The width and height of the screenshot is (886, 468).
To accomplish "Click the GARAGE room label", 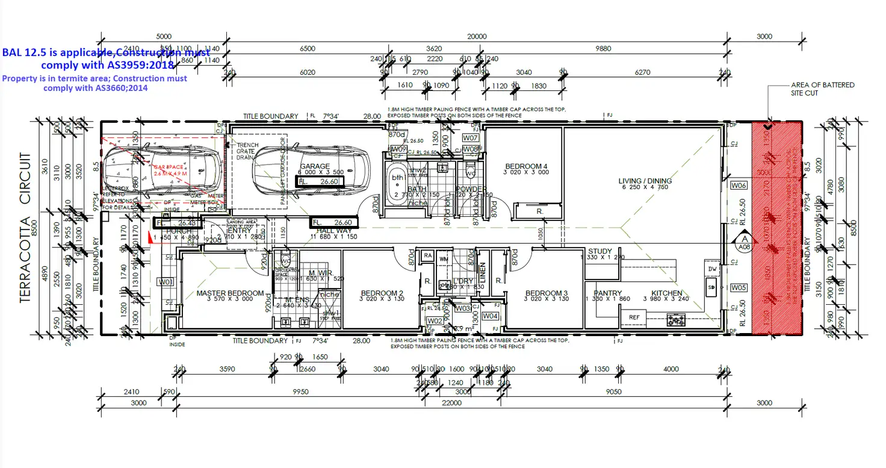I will (x=315, y=166).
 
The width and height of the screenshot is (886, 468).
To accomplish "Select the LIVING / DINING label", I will (x=645, y=181).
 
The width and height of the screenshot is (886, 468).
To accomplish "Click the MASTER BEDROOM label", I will (x=230, y=293).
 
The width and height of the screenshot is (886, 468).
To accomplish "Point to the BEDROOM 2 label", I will (x=381, y=293).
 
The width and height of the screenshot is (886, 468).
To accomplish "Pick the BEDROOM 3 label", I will (x=546, y=293).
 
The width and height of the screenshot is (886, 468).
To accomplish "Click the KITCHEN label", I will (x=667, y=293).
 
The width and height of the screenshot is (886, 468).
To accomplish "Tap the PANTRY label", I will (x=607, y=293).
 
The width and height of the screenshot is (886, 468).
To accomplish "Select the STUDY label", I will (x=599, y=251).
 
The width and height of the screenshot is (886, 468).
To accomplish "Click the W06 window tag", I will (x=739, y=186).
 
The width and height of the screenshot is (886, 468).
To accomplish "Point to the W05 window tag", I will (x=739, y=288).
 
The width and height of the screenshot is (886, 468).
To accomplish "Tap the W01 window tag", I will (x=166, y=281).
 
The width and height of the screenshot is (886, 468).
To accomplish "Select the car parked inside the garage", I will (x=311, y=171).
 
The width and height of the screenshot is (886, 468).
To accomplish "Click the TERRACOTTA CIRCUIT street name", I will (x=26, y=228).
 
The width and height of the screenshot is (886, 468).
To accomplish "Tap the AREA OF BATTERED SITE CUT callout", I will (x=822, y=89).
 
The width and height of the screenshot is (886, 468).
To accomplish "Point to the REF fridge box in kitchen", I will (x=634, y=317).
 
